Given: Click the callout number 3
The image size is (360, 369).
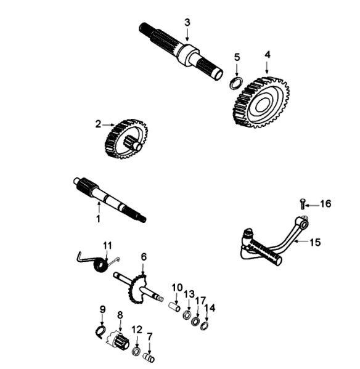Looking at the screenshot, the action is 187,22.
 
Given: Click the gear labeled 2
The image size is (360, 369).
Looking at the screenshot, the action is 126,139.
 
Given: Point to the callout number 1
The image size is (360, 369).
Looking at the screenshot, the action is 98,219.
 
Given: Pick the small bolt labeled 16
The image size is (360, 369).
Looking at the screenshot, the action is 303,203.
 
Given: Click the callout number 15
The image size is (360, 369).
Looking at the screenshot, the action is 315,242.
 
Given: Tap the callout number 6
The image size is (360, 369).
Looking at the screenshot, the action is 144,257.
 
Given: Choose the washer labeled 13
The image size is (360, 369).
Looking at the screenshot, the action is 187,315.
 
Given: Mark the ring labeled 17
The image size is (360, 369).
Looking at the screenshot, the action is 195,322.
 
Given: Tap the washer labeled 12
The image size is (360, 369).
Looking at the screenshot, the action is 136,352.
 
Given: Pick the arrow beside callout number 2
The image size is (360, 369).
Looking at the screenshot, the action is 108,124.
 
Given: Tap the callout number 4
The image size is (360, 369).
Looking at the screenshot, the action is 268,54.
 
